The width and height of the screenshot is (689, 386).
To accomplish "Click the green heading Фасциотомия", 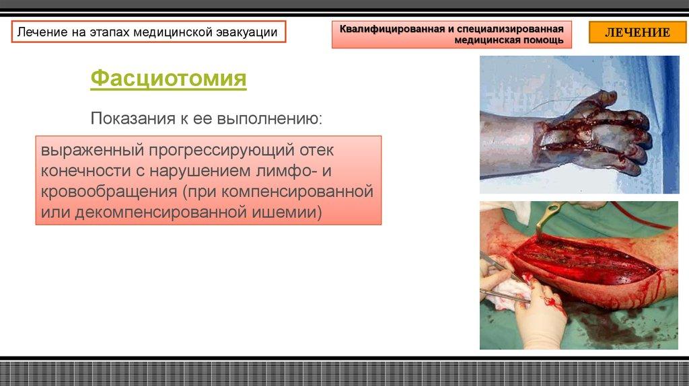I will point(168,79).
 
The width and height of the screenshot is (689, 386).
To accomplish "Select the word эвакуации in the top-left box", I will point(246,32).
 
